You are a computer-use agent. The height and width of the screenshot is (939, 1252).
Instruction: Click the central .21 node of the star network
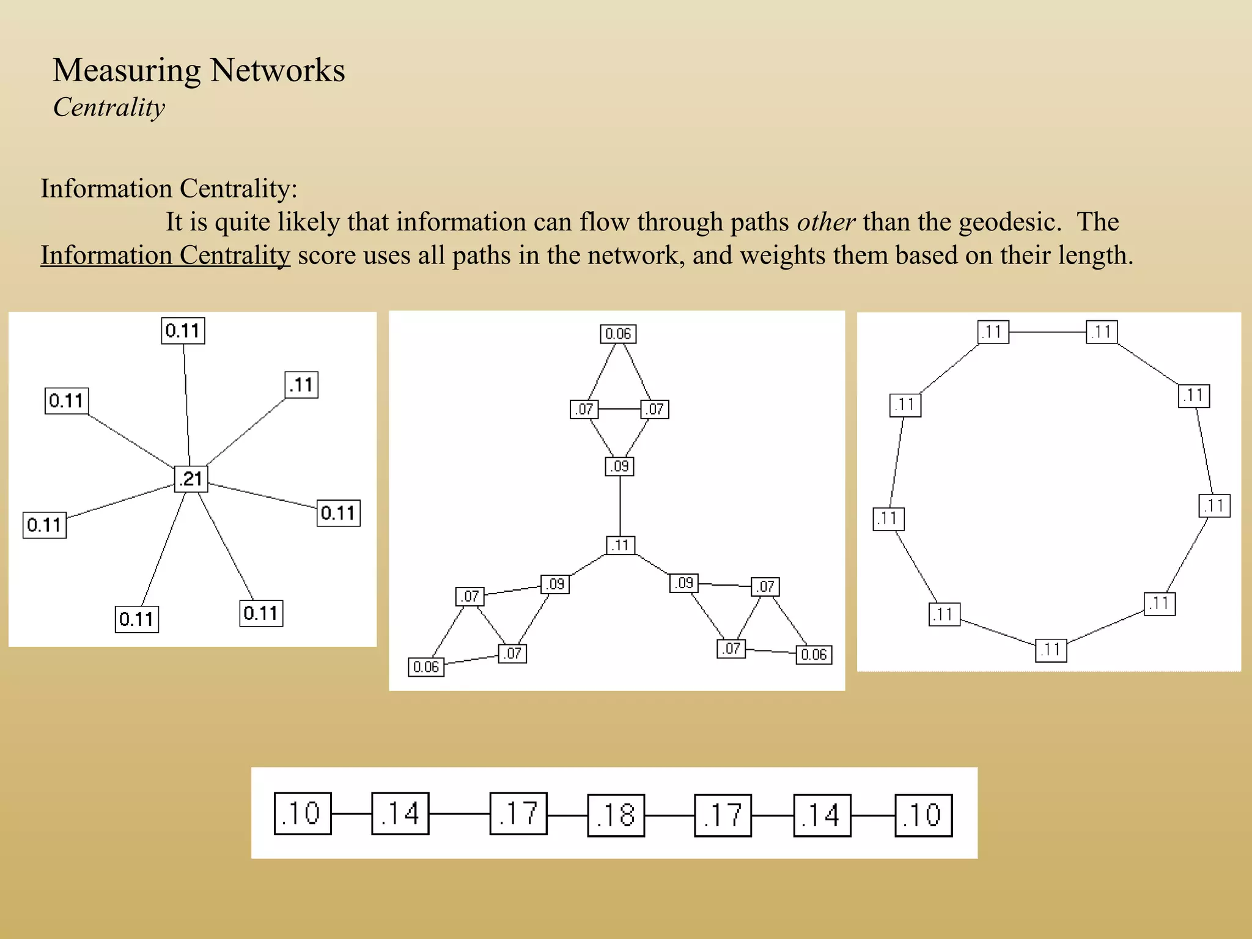pos(191,479)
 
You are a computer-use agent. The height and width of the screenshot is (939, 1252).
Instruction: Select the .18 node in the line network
pos(616,815)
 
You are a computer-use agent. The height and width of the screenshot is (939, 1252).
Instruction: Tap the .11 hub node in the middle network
pos(620,545)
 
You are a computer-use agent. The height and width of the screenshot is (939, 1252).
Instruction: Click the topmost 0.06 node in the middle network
pos(617,334)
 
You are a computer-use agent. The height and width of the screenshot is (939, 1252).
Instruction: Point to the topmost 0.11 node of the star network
pos(183,331)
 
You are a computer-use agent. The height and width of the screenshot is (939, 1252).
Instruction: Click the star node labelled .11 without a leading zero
pos(301,385)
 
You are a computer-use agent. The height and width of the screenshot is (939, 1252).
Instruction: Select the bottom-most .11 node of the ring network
pos(1051,650)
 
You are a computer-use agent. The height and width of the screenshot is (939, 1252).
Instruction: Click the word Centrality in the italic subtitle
pos(109,108)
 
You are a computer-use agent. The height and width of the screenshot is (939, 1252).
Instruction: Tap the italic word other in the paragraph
pos(825,222)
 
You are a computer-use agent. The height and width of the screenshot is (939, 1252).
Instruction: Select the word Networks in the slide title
pos(278,70)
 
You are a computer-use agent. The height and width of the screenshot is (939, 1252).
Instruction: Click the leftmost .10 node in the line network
pos(303,814)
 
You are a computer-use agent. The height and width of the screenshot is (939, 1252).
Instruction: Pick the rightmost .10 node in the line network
pos(923,815)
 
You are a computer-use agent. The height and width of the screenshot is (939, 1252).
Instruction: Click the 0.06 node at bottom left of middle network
pos(426,667)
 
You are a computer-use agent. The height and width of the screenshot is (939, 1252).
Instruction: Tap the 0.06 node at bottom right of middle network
pos(814,655)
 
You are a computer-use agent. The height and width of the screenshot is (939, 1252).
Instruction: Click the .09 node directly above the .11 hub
pos(620,466)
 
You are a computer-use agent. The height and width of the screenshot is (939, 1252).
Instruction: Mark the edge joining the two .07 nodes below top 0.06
pos(619,409)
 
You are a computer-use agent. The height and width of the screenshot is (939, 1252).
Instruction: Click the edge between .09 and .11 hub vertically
pos(620,506)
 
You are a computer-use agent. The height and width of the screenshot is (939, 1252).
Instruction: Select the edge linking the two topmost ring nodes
pos(1047,332)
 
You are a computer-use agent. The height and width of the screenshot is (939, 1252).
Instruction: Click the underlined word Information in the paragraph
pos(106,256)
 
